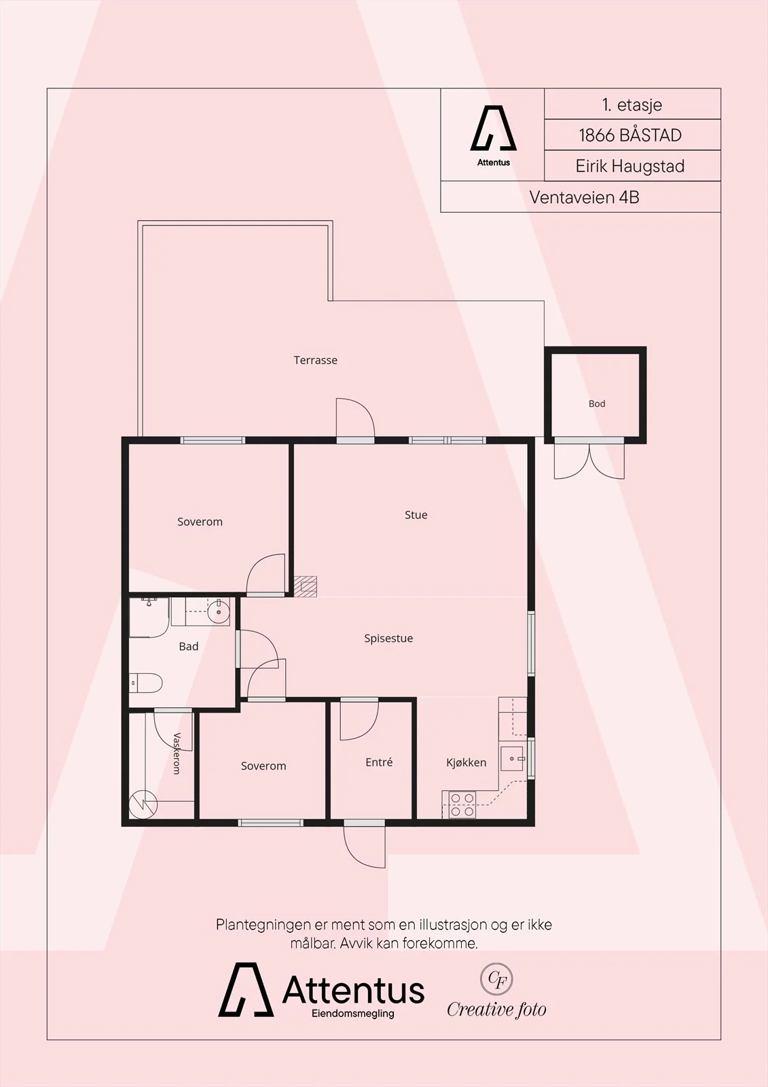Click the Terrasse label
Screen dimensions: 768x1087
[x=315, y=360]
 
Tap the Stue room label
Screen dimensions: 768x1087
[x=416, y=515]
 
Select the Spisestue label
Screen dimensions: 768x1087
[x=388, y=639]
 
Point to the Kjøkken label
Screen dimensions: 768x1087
[x=467, y=762]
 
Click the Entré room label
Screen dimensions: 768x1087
[x=379, y=762]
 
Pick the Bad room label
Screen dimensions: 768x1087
[x=189, y=646]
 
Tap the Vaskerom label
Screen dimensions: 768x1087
[x=177, y=753]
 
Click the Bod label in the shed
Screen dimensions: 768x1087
[x=597, y=404]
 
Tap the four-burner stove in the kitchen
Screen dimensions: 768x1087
[x=462, y=804]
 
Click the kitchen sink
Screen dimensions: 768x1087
[x=512, y=758]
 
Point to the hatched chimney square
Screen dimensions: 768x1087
[x=306, y=586]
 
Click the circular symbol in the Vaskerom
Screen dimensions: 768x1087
[x=143, y=804]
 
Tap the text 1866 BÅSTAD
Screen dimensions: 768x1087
[x=630, y=135]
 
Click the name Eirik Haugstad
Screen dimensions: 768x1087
[x=630, y=166]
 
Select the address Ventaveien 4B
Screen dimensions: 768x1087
[x=584, y=198]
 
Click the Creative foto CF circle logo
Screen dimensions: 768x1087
[x=496, y=979]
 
